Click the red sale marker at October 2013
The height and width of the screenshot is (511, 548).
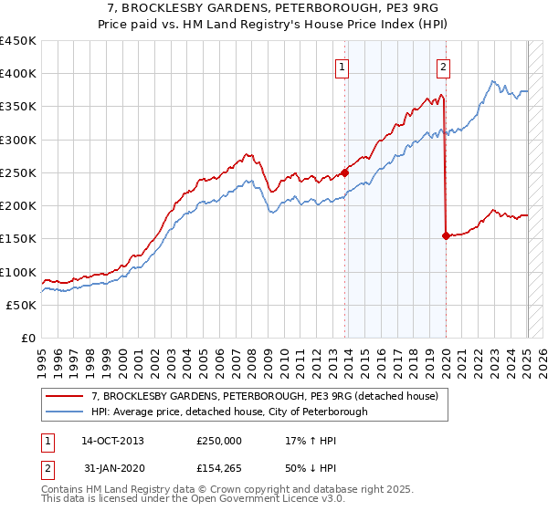coord(345,172)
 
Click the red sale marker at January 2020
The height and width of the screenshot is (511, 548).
coord(446,235)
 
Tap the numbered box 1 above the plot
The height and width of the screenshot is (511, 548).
coord(341,66)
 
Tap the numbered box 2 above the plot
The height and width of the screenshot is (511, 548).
coord(443,66)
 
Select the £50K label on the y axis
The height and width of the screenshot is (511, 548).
coord(22,306)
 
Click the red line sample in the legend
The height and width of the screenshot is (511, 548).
coord(65,396)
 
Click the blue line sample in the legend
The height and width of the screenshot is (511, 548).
coord(65,412)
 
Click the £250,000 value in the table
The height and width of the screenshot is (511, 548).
coord(219,440)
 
